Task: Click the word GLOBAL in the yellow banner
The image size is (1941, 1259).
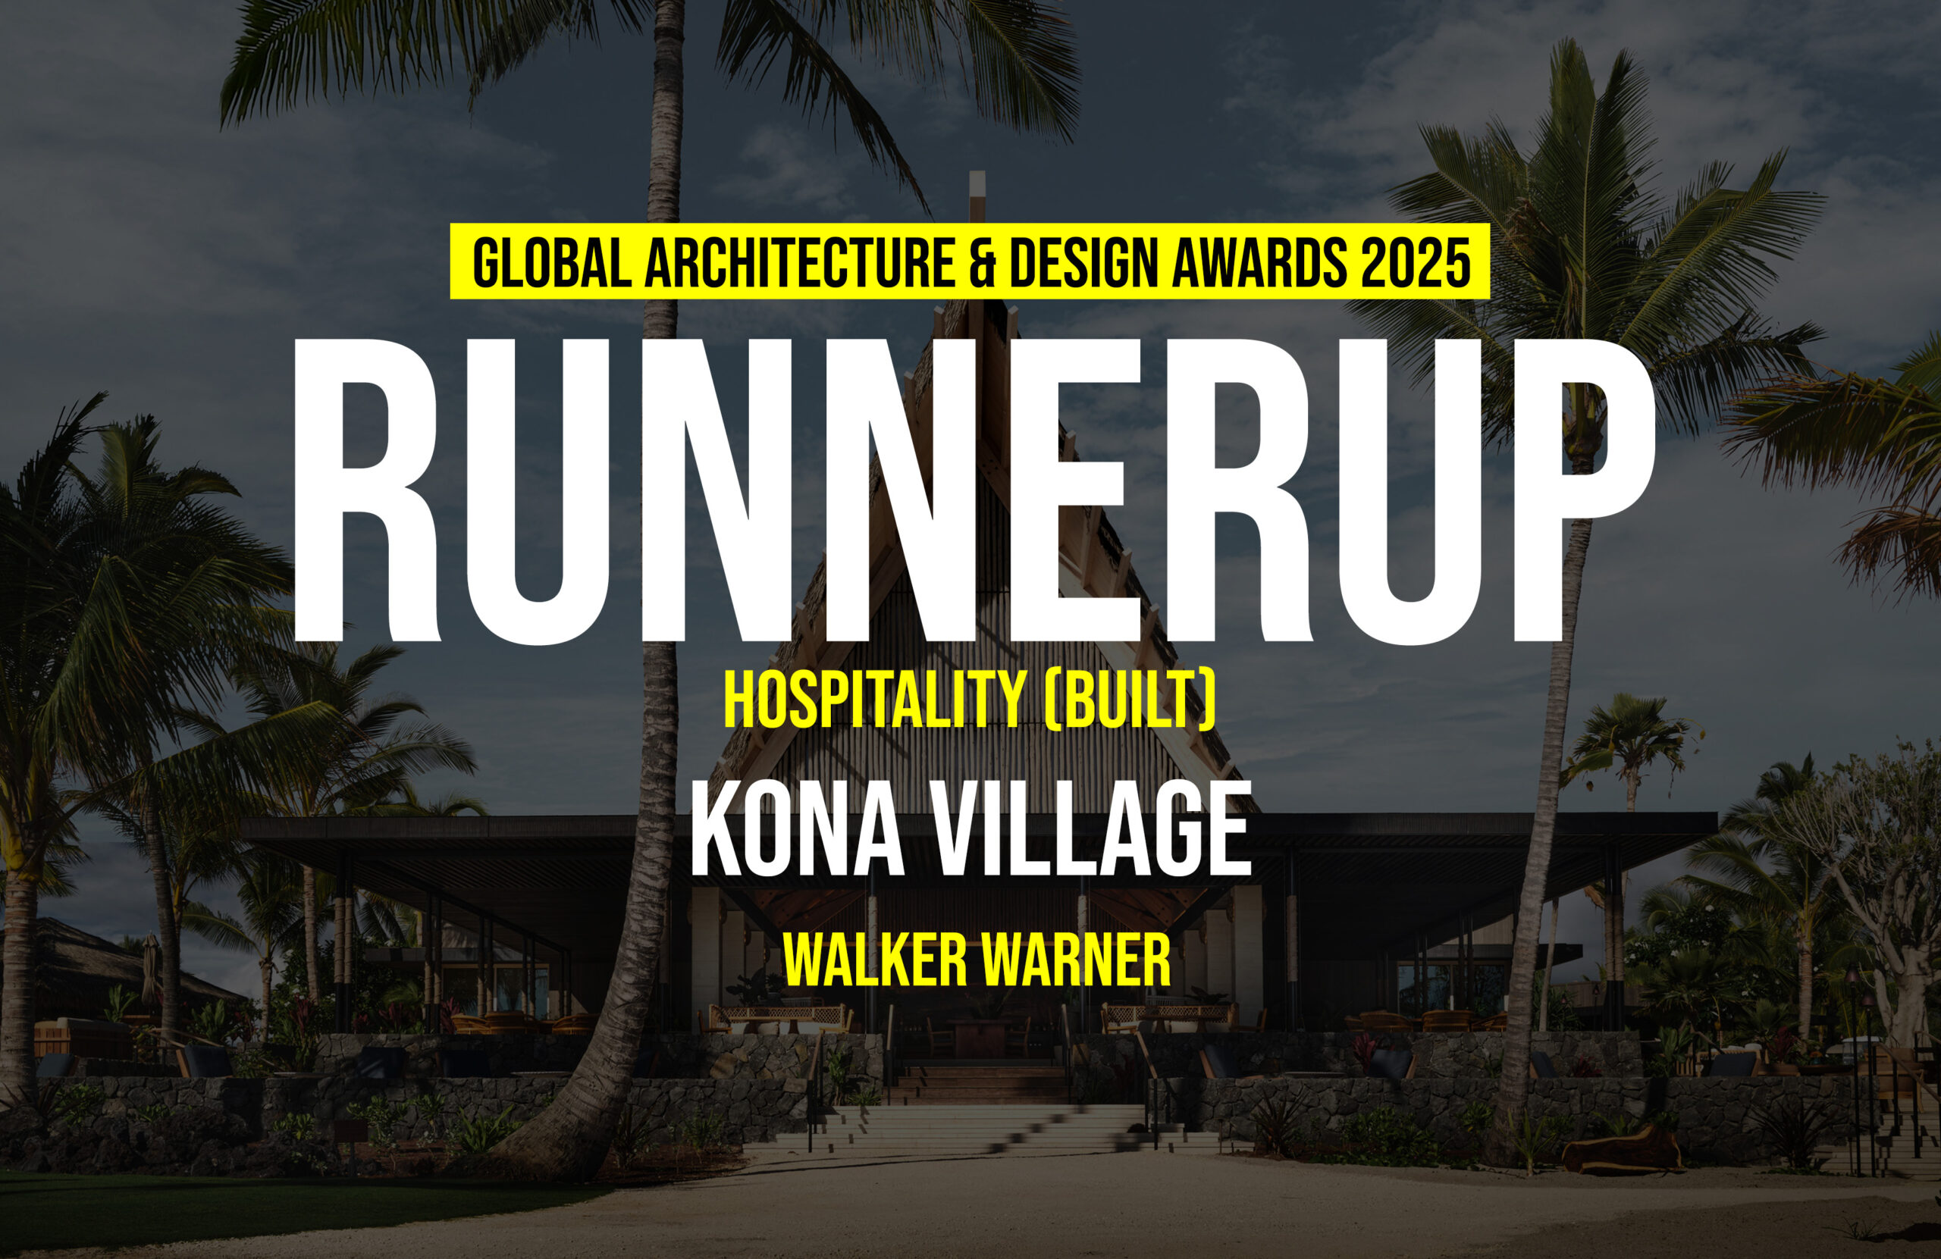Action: (552, 262)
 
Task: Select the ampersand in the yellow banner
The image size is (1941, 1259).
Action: (983, 262)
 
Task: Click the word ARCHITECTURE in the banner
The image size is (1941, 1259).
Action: (799, 262)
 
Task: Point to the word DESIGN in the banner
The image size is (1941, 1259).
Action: (1084, 262)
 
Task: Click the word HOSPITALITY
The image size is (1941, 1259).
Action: (873, 700)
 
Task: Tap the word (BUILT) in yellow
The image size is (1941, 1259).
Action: (1130, 700)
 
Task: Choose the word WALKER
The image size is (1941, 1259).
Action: (874, 960)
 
